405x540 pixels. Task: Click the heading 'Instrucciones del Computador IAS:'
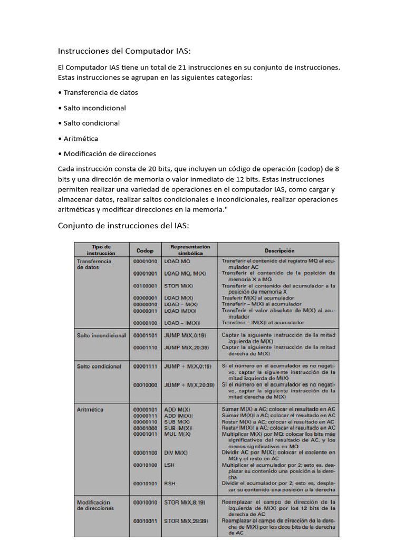coord(124,51)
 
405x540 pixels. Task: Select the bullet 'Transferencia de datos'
coord(100,92)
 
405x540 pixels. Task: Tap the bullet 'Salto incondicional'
coord(94,108)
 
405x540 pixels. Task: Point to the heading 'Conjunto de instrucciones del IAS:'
coord(123,226)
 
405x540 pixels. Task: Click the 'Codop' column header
coord(145,250)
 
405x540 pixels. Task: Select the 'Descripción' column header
coord(279,250)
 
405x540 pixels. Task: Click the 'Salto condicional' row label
coord(99,367)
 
